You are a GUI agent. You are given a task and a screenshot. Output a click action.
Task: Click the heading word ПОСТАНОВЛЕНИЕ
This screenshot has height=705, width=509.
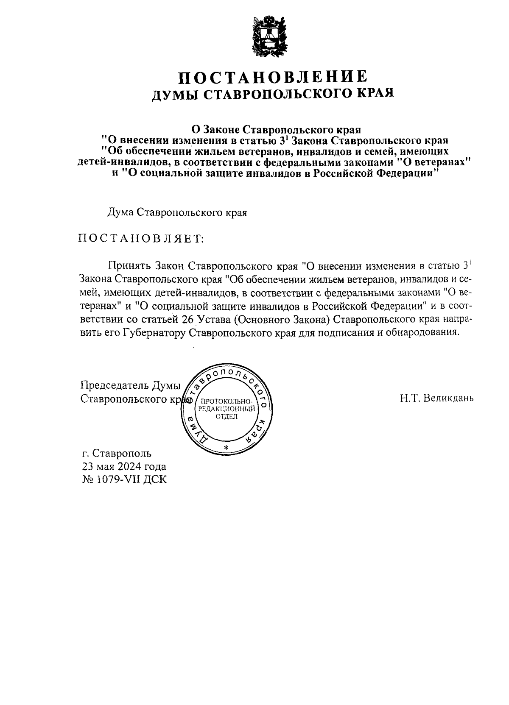[272, 78]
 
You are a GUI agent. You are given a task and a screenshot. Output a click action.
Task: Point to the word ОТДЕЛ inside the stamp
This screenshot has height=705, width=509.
[227, 416]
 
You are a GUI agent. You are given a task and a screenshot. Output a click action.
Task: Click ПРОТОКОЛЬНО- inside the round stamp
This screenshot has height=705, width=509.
[227, 402]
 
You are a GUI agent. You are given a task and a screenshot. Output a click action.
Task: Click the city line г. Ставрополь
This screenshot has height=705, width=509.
[117, 454]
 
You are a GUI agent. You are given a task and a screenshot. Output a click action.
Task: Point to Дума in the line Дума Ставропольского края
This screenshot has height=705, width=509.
[120, 213]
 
